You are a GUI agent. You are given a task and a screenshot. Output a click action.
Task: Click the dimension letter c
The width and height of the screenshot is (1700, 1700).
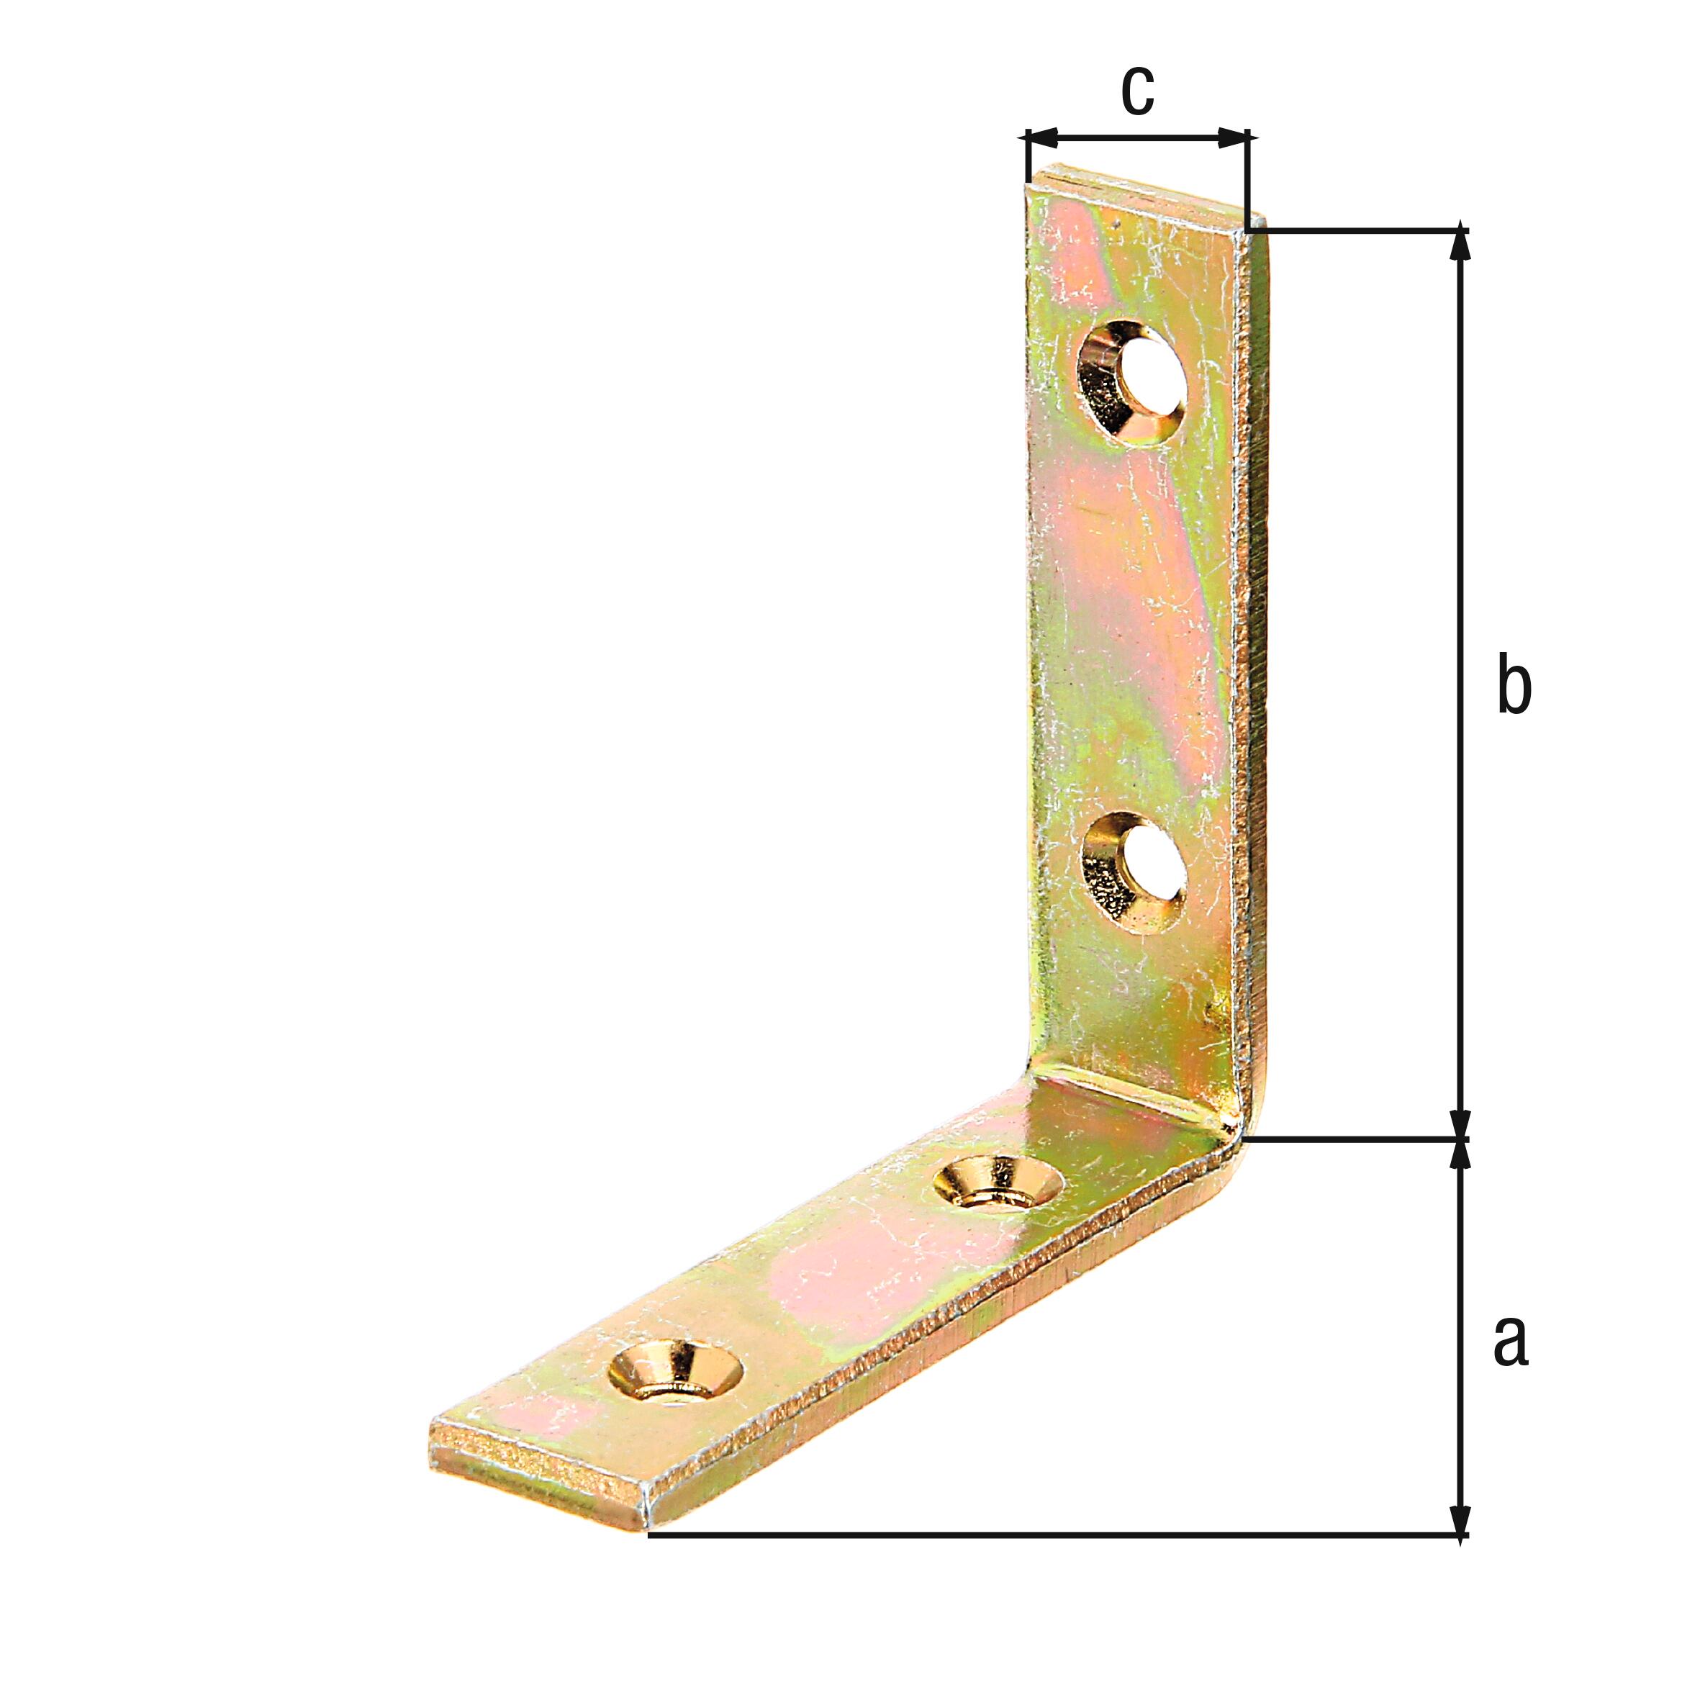(1137, 91)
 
